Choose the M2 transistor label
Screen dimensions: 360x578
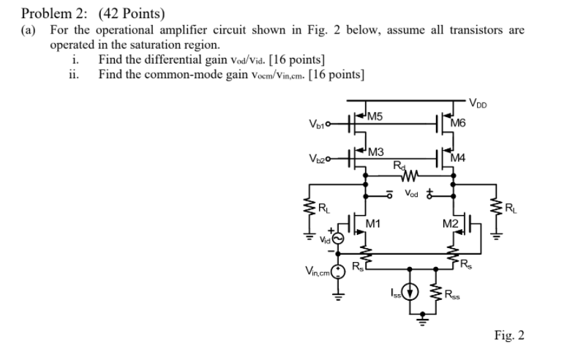[449, 223]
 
